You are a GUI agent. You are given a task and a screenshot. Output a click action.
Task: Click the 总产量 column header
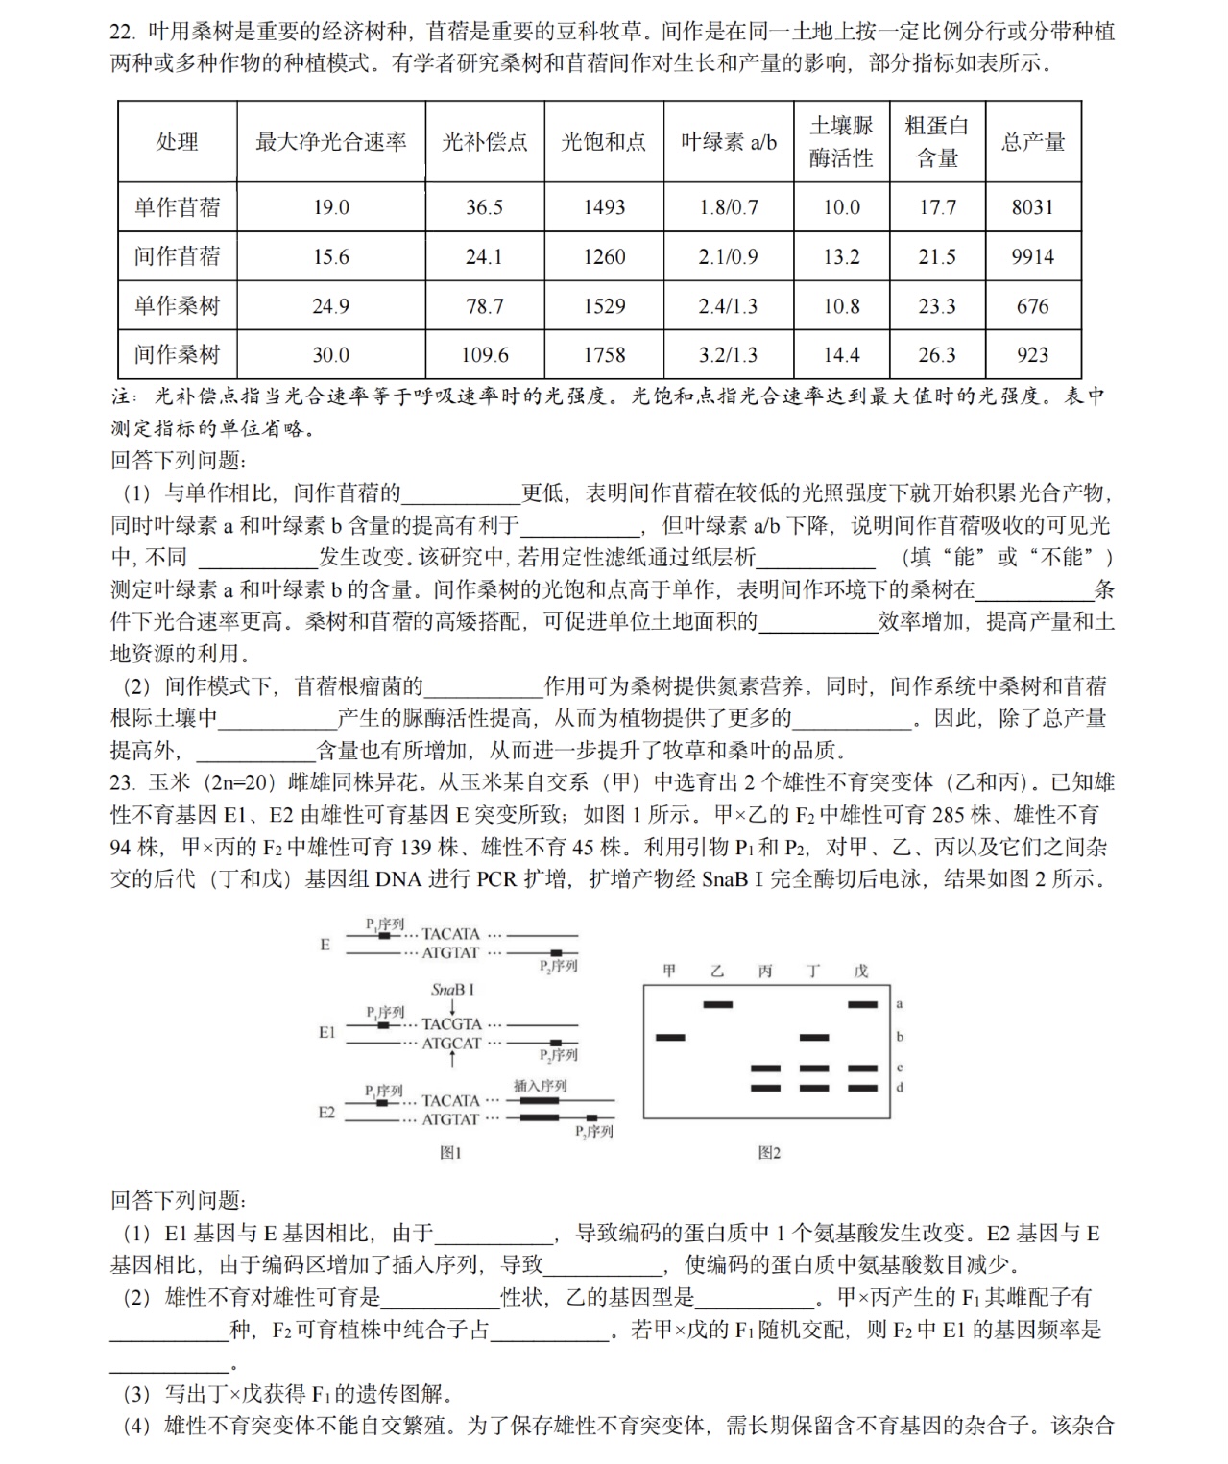tap(1032, 142)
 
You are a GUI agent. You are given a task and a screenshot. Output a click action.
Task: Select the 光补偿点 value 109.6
tap(484, 355)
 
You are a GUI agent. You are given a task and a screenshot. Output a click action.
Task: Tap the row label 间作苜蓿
tap(177, 256)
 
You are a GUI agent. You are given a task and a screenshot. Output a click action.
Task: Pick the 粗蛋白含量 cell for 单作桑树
tap(936, 306)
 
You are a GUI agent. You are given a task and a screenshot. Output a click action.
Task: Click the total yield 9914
tap(1032, 256)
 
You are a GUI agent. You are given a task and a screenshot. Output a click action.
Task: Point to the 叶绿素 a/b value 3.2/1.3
tap(727, 355)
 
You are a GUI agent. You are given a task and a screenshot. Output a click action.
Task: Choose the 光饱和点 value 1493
tap(604, 207)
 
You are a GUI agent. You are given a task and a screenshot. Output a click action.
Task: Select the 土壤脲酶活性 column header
tap(841, 142)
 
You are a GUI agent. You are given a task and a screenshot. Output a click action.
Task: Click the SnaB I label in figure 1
tap(452, 990)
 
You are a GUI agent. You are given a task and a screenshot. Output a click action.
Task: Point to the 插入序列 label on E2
tap(540, 1086)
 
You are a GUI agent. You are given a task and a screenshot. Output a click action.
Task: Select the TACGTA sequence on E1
tap(451, 1024)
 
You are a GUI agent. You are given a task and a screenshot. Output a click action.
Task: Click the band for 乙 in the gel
tap(717, 1004)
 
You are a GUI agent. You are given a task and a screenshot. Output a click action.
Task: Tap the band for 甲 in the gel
tap(670, 1037)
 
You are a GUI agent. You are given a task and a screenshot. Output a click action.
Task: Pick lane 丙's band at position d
tap(765, 1088)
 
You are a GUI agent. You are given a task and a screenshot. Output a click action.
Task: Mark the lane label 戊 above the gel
tap(861, 972)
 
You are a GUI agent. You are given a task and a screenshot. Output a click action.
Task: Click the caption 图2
tap(769, 1152)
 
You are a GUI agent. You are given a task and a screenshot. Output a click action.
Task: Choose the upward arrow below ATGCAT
tap(452, 1060)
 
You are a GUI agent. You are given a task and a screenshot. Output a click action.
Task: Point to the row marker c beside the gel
tap(900, 1068)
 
